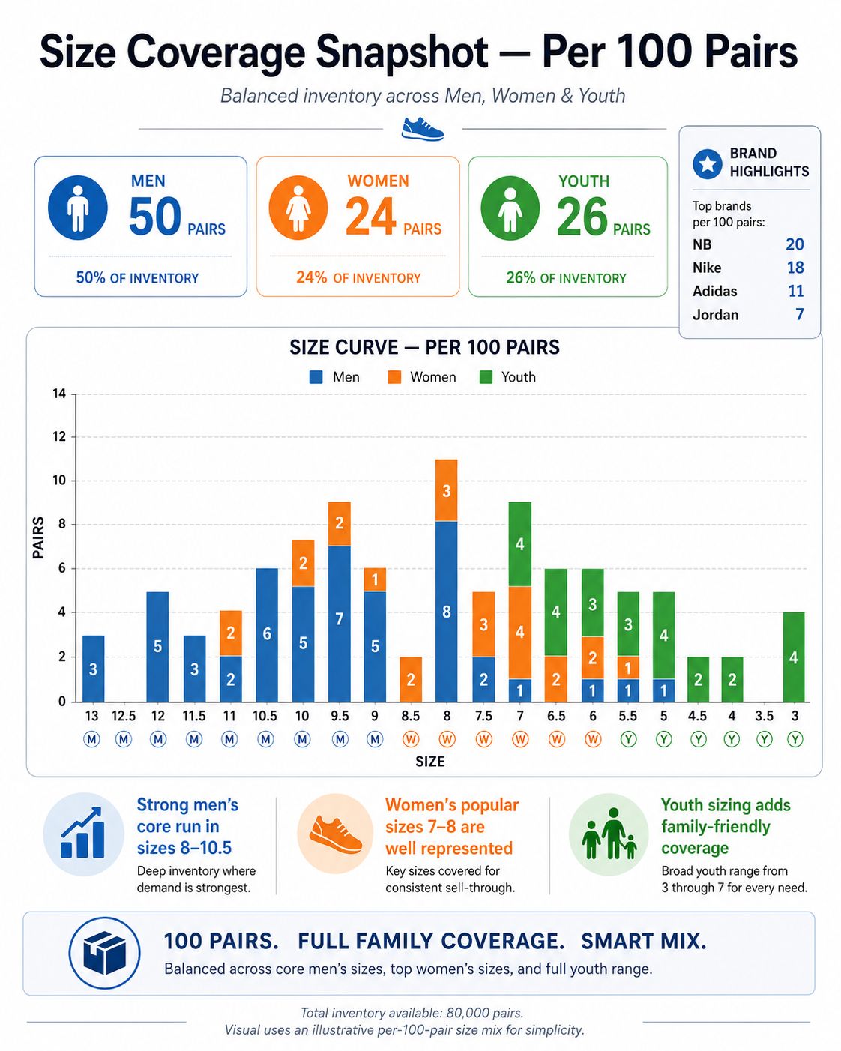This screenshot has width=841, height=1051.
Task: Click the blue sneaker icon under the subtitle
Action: [x=423, y=129]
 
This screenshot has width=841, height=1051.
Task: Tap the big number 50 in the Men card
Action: [x=155, y=216]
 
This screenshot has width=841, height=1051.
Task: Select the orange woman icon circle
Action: [x=298, y=208]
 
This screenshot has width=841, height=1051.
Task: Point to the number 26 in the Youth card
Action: [x=582, y=216]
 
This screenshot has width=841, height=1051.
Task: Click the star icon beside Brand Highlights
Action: [x=707, y=164]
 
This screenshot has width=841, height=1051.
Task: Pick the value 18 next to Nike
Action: [x=795, y=268]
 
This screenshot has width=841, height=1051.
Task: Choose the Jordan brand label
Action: [x=716, y=315]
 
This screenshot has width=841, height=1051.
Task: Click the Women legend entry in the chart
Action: [x=422, y=377]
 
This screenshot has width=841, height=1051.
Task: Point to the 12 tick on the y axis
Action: [x=59, y=436]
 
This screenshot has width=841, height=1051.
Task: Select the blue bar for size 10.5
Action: [x=267, y=635]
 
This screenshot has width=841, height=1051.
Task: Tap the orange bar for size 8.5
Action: [x=411, y=679]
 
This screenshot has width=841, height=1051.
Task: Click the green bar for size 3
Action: [x=794, y=657]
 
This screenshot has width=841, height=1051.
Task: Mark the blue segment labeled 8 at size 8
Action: [x=447, y=612]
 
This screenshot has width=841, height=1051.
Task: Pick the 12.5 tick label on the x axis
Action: [x=124, y=716]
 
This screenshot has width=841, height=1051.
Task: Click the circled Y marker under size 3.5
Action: [x=765, y=739]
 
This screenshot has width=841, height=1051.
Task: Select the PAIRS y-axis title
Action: [x=38, y=537]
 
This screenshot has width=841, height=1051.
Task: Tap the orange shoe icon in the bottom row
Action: [x=336, y=835]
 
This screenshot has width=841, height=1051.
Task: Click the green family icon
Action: [x=609, y=834]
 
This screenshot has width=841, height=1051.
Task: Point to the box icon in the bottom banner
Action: [x=104, y=952]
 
